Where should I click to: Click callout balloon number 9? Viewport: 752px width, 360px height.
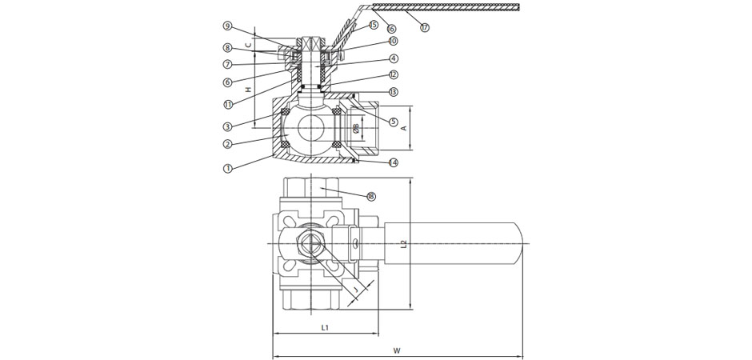227,26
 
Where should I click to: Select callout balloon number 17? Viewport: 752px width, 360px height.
425,28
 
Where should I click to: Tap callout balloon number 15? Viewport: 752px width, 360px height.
374,26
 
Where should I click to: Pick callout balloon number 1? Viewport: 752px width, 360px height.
228,169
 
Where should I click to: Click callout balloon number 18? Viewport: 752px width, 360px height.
371,196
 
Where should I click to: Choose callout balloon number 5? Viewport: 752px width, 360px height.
394,122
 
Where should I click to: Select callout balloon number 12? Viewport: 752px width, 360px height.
394,74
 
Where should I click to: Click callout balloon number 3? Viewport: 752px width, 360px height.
228,126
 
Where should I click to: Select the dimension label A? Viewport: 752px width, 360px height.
404,127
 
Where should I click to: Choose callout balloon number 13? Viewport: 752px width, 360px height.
394,92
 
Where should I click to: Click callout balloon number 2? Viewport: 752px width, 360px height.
228,145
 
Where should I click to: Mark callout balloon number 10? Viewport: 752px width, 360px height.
393,41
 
